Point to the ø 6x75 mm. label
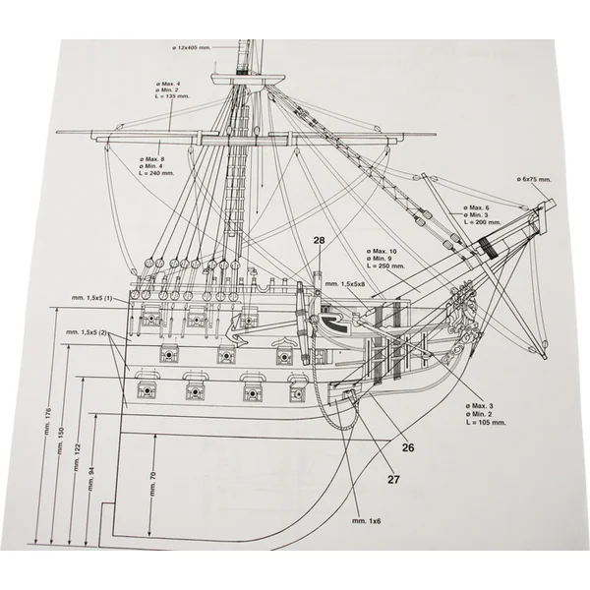(x=537, y=179)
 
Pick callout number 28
(x=320, y=240)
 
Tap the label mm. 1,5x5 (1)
(x=93, y=297)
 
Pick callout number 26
(x=408, y=446)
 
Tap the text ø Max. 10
(x=386, y=251)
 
